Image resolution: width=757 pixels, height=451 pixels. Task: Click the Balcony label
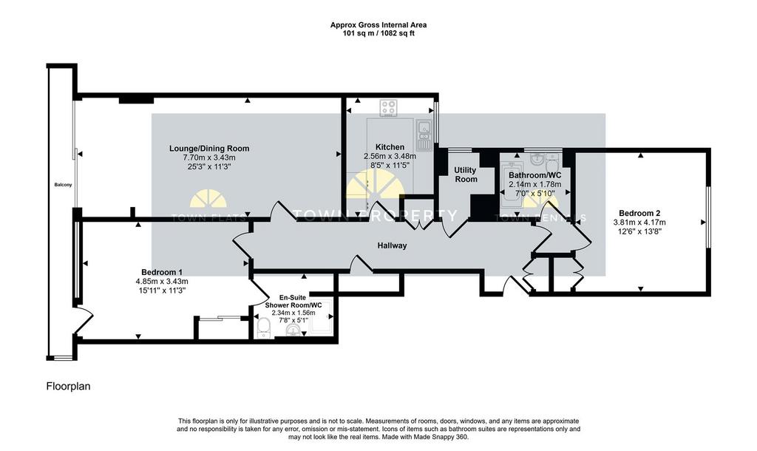(63, 185)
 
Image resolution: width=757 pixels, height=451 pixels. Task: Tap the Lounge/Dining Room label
(209, 149)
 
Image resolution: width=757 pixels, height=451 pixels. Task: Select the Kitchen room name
(390, 147)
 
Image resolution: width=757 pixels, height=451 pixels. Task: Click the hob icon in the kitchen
(388, 108)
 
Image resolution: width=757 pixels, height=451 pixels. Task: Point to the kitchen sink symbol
(424, 135)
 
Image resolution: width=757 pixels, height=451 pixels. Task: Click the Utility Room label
(466, 174)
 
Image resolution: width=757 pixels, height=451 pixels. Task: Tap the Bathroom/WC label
(535, 175)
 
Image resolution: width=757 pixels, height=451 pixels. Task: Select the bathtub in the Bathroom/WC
(510, 186)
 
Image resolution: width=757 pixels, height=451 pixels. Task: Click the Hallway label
(392, 245)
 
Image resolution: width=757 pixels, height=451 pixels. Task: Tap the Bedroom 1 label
(162, 272)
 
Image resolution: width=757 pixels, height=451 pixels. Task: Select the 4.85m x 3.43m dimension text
(162, 282)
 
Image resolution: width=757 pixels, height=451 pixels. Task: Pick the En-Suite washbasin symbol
(293, 330)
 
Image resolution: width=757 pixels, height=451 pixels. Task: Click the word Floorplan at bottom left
(68, 386)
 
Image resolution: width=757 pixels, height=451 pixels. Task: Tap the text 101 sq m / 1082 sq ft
(378, 33)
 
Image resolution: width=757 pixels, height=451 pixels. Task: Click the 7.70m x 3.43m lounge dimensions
(209, 157)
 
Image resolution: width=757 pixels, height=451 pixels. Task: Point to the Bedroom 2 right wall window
(708, 217)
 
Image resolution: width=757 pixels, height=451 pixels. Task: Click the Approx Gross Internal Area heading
(378, 24)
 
